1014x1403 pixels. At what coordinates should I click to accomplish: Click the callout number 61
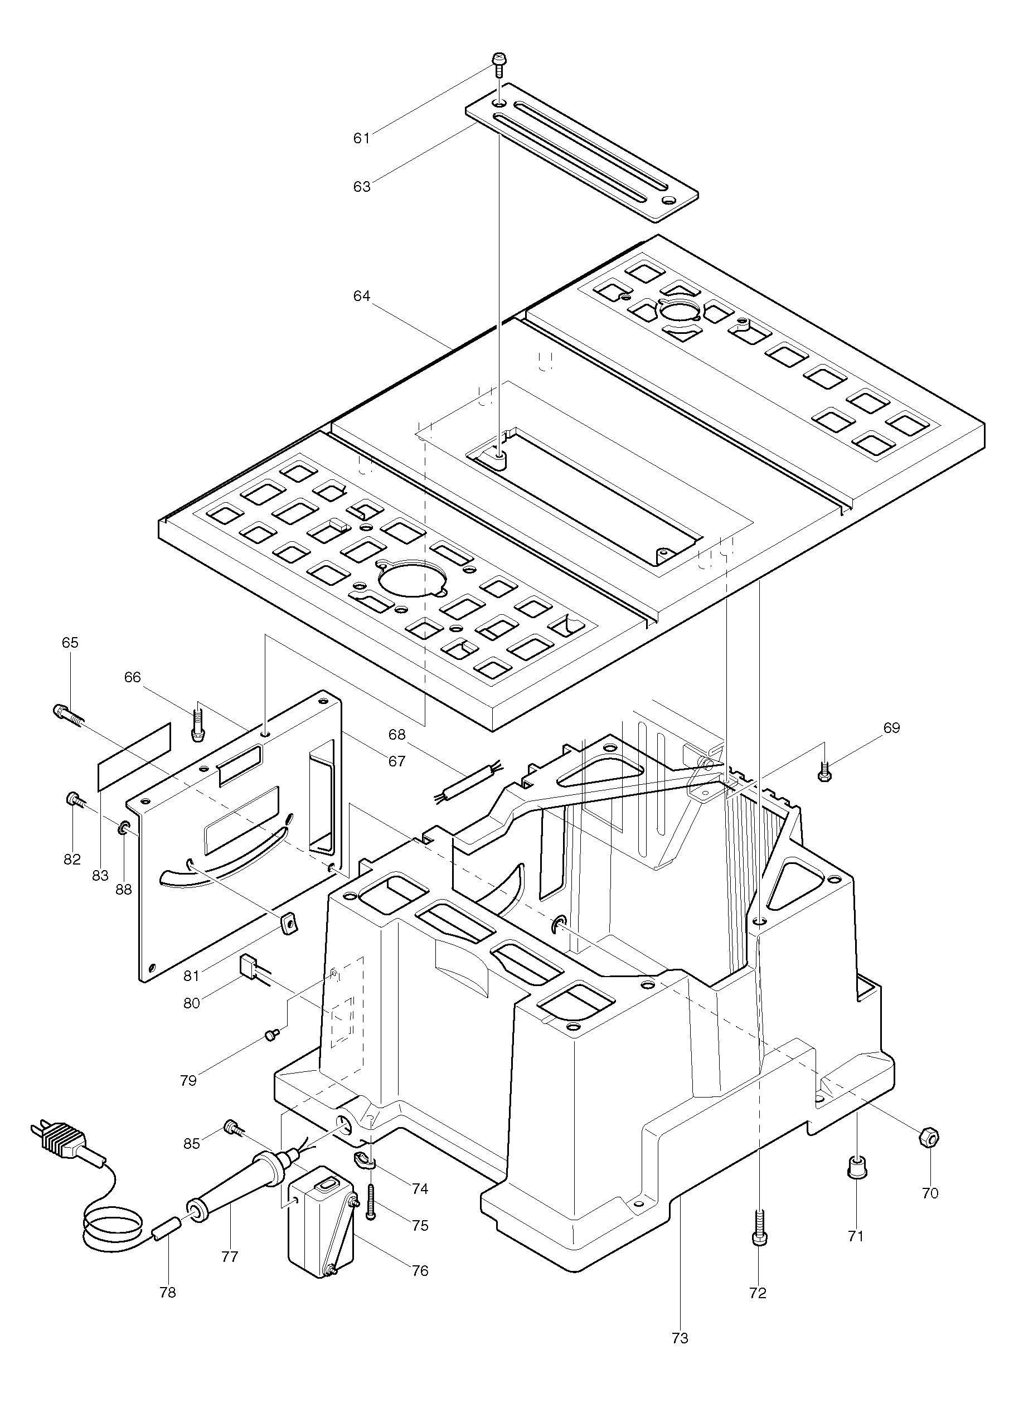pos(361,138)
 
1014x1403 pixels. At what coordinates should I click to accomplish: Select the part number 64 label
pos(362,297)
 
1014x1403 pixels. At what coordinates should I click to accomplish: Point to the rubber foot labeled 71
pos(855,1168)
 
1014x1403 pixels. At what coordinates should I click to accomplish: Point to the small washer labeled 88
pos(123,828)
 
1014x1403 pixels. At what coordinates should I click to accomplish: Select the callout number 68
pos(396,734)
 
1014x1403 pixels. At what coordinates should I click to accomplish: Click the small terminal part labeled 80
pos(249,963)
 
